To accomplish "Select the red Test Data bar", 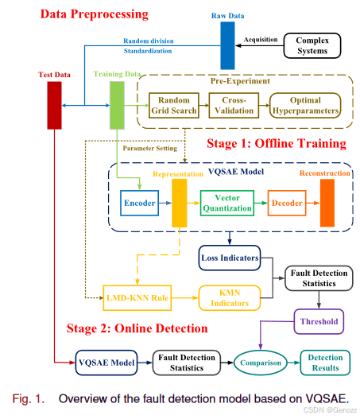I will pos(55,105).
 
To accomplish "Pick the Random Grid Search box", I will pos(174,105).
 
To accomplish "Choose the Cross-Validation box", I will pos(234,105).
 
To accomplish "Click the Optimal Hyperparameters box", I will pos(304,105).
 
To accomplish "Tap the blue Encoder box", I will pos(139,204).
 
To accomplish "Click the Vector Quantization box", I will pos(226,204).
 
